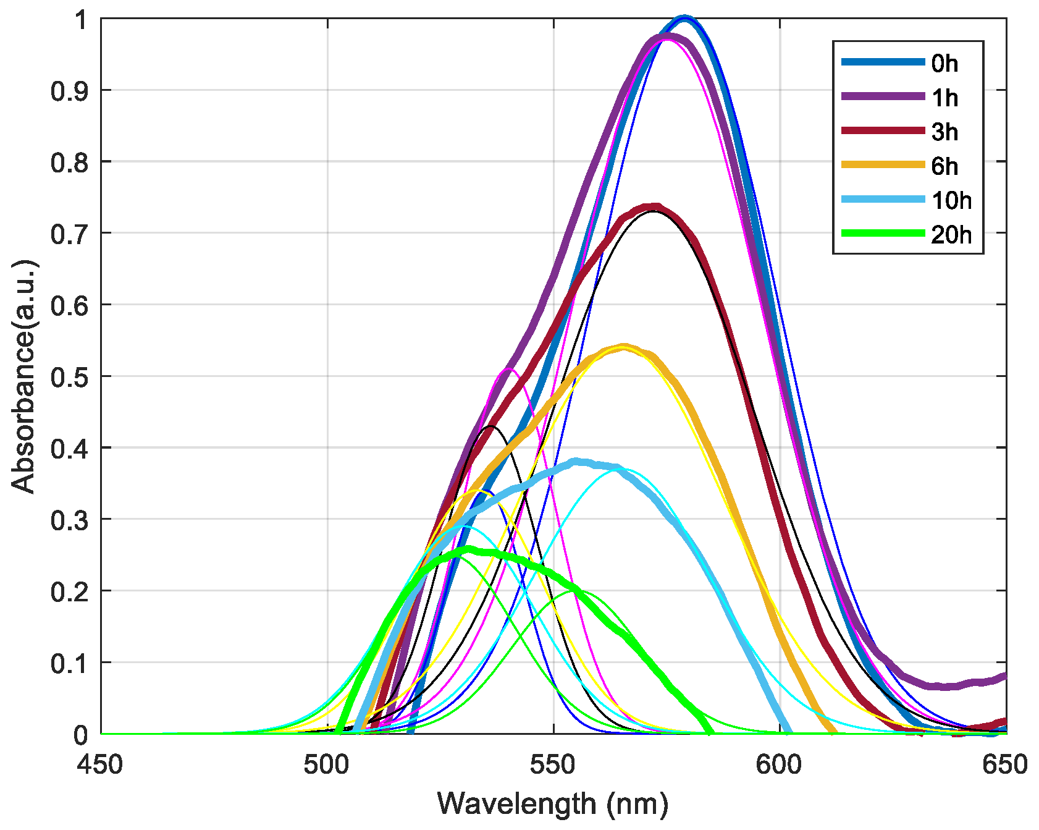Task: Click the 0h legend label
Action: (944, 63)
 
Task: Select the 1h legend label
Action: (944, 98)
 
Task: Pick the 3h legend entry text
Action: (944, 132)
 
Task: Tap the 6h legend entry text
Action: (944, 166)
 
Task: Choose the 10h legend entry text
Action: (951, 200)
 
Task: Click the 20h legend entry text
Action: (951, 235)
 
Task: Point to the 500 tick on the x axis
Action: (327, 764)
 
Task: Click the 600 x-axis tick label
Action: (780, 764)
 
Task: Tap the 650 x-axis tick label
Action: (1005, 764)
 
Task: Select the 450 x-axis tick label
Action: (101, 764)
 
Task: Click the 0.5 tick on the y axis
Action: (70, 376)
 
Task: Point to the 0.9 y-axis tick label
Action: (70, 90)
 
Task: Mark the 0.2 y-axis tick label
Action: (70, 591)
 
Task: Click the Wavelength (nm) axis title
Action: (553, 804)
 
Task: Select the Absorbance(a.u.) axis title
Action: (25, 376)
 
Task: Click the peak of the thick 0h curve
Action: (684, 19)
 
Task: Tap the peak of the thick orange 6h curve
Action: (624, 347)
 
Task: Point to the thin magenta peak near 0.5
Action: (510, 369)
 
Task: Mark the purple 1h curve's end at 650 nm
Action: (1004, 677)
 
